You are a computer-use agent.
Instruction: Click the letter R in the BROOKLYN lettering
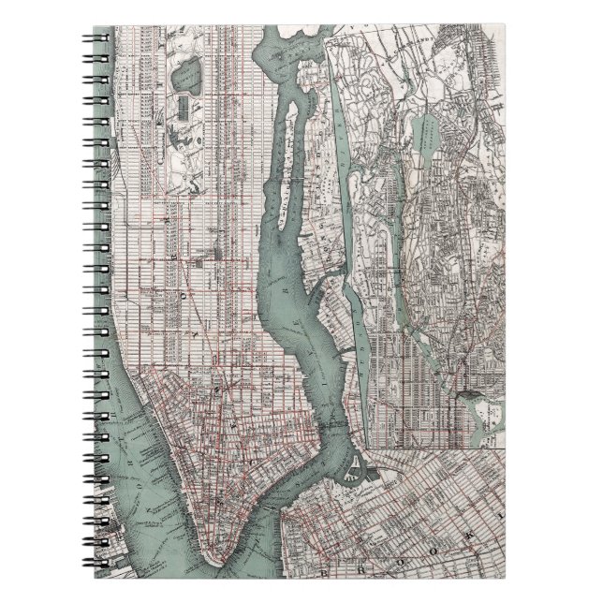362,568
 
